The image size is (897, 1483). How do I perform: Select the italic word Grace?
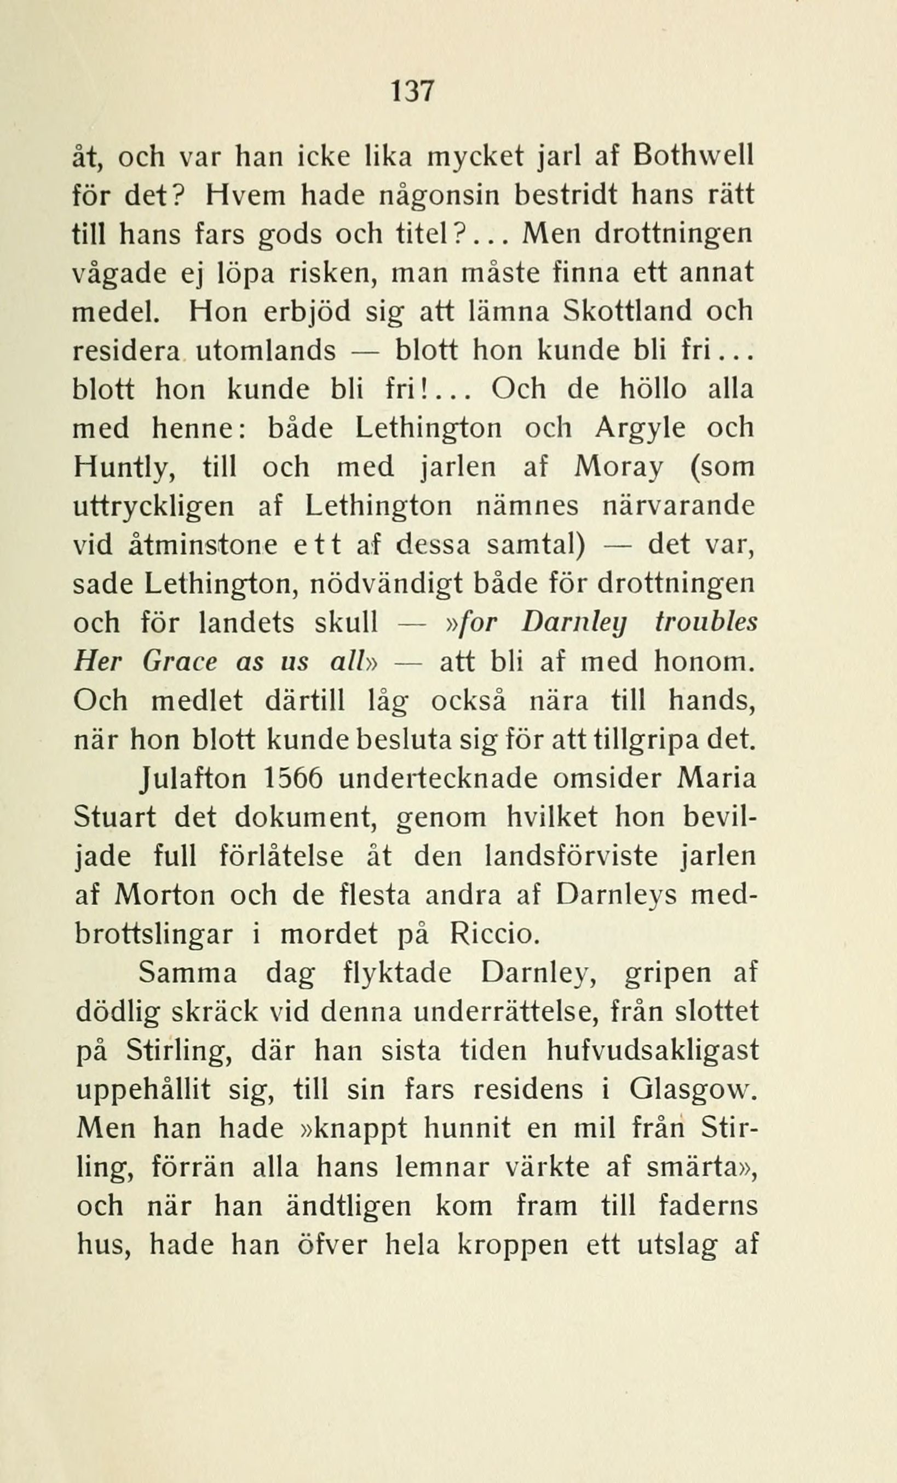(180, 661)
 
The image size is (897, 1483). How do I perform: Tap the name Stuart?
(115, 817)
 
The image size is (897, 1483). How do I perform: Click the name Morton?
(164, 896)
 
